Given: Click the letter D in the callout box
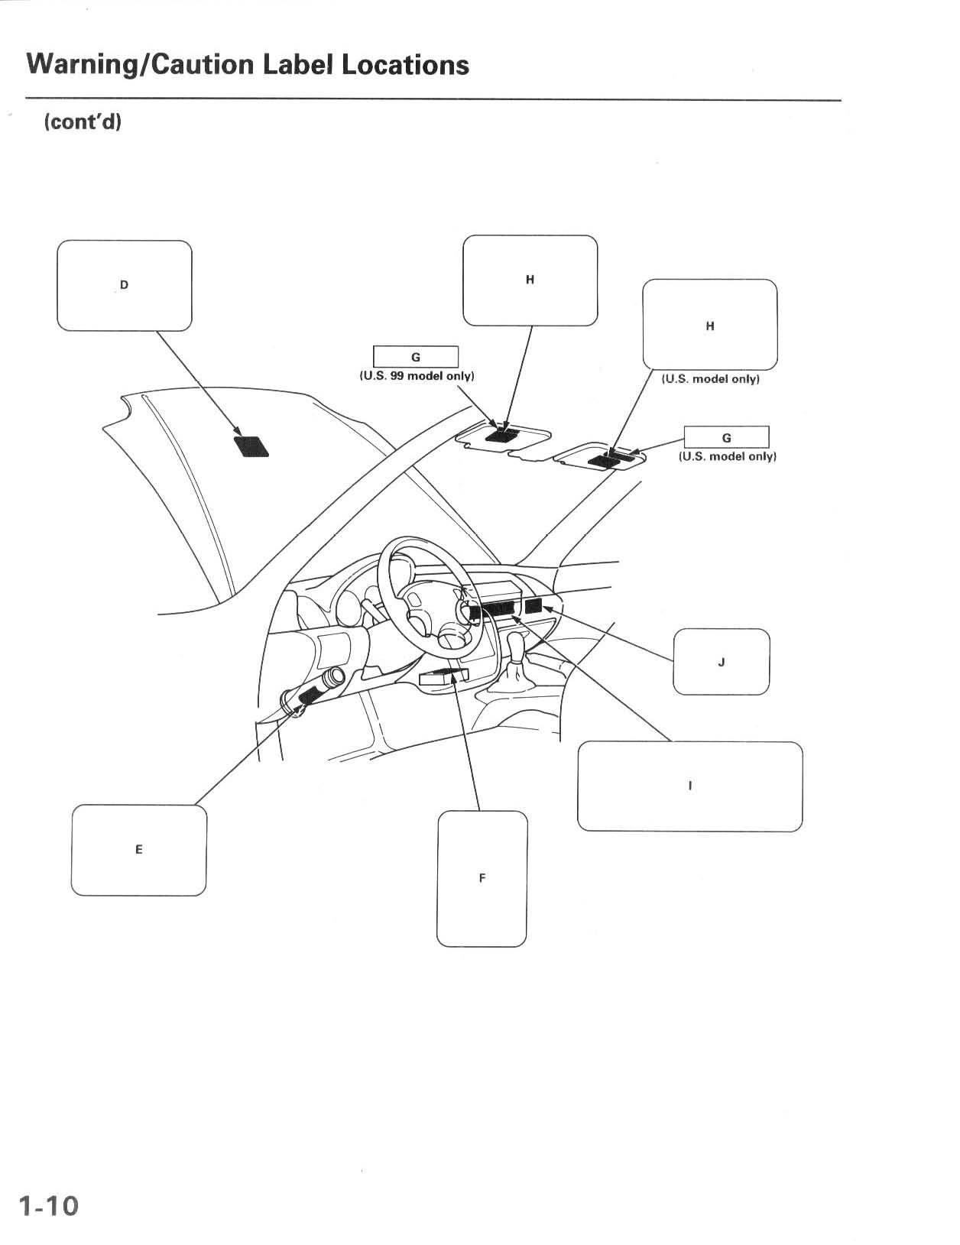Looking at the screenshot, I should pos(124,286).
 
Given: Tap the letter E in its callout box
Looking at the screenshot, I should pos(138,849).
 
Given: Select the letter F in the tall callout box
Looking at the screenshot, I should pos(482,878).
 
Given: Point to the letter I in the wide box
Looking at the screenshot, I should pos(689,786).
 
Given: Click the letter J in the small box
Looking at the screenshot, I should pos(721,662).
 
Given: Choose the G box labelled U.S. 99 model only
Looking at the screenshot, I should pos(415,357).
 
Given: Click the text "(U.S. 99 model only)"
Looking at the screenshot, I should pos(417,376).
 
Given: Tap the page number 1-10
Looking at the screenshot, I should pos(49,1205).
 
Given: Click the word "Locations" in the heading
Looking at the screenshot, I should pos(405,65).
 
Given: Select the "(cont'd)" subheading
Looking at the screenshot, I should pos(83,122).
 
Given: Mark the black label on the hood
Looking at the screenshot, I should pos(251,446).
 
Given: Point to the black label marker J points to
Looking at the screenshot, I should pos(533,607).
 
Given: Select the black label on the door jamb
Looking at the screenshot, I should pos(313,695).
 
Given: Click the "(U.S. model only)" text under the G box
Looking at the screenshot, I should pos(727,456).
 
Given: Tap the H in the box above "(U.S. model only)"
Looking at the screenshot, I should pos(709,326).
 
